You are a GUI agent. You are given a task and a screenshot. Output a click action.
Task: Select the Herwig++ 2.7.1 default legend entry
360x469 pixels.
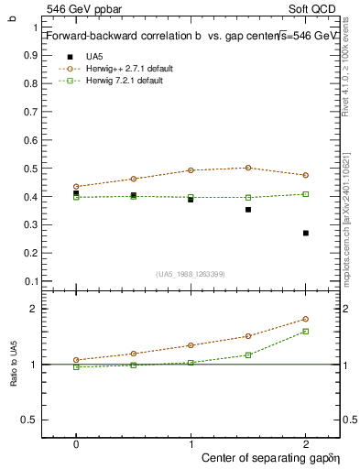click(127, 69)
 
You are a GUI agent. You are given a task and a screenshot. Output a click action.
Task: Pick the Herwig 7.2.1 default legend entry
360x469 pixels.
click(125, 81)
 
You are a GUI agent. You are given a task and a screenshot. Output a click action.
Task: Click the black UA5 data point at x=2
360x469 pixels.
click(306, 233)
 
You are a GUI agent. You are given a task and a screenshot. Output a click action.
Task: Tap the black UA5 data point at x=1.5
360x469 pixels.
click(248, 210)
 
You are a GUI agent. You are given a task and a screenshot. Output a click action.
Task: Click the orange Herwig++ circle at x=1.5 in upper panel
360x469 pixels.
click(248, 168)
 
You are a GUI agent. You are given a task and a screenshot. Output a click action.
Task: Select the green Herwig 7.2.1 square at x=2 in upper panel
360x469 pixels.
click(306, 194)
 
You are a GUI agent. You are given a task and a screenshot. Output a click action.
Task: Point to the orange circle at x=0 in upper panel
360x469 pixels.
click(76, 186)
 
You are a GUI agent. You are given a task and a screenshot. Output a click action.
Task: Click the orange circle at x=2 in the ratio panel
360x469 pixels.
click(306, 319)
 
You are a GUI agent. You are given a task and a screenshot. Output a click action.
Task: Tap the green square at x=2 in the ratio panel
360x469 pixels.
click(306, 332)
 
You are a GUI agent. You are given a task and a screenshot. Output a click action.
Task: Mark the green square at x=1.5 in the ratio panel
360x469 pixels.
click(248, 354)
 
